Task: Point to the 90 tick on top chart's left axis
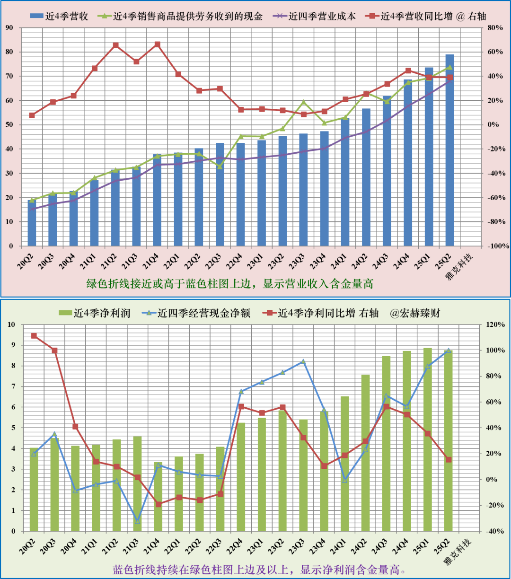(x=9, y=27)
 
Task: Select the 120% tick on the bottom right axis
(x=494, y=325)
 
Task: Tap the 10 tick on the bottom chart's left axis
(x=11, y=325)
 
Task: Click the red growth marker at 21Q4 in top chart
(x=158, y=44)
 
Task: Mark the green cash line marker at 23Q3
(x=304, y=102)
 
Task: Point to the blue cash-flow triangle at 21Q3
(x=138, y=521)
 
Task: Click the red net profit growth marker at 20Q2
(x=34, y=336)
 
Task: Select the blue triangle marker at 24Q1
(x=345, y=480)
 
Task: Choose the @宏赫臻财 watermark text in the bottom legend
(x=415, y=313)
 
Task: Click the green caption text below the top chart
(x=229, y=284)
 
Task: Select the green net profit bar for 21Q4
(x=159, y=497)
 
